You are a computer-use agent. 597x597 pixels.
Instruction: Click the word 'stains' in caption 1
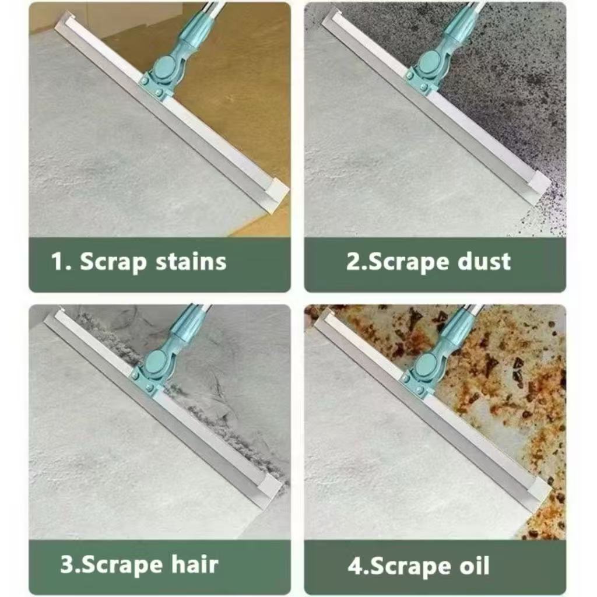pos(191,262)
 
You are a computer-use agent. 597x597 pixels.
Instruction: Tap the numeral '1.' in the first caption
pos(61,262)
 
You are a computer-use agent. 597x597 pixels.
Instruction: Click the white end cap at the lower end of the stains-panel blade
pos(275,192)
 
